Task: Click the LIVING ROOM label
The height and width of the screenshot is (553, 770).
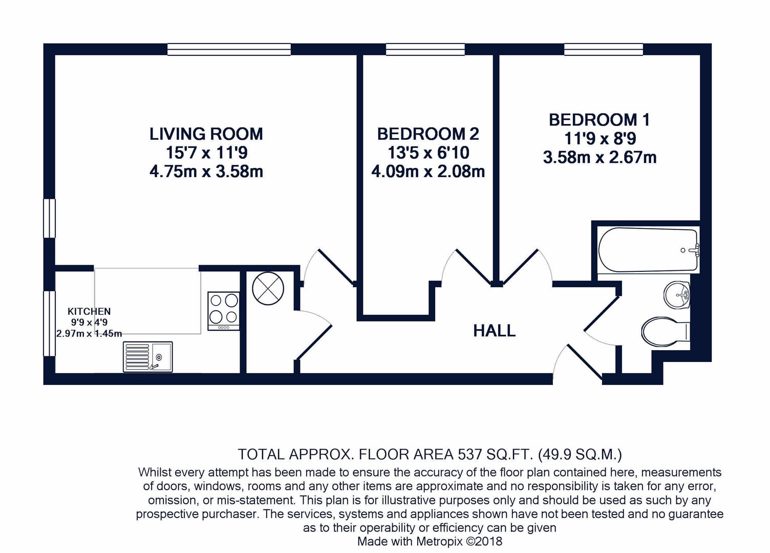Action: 206,134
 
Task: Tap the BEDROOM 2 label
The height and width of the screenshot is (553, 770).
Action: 428,134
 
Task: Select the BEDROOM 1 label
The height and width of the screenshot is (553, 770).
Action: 600,120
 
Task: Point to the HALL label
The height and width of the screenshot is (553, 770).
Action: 495,331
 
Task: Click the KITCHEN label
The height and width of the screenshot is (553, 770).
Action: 89,312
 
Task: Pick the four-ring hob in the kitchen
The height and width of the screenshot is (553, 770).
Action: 223,311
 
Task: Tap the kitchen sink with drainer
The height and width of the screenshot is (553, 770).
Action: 148,357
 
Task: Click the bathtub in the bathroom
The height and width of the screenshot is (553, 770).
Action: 648,250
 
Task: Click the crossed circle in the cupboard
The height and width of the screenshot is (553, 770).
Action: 268,288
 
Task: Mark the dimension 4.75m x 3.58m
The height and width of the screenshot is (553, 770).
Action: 206,172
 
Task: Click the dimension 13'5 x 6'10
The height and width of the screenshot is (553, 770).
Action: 429,153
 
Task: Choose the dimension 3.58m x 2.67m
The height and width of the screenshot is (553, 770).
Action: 600,157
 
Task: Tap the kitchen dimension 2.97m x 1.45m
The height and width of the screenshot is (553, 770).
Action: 89,333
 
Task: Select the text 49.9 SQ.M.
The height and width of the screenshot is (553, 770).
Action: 580,455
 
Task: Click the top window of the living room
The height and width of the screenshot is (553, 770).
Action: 229,49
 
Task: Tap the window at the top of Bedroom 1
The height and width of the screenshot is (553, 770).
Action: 603,49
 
